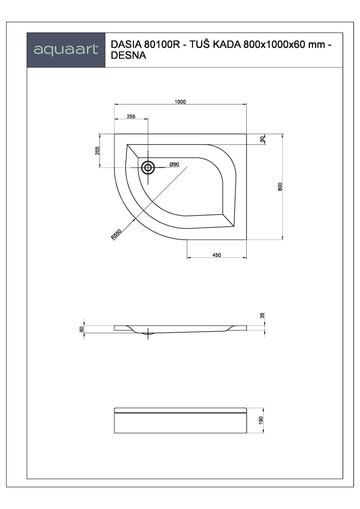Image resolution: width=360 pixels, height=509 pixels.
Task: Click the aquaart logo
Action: [x=66, y=50]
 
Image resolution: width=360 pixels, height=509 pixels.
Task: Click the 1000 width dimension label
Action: [x=180, y=102]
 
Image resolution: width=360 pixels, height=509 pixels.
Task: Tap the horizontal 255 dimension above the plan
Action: [x=131, y=116]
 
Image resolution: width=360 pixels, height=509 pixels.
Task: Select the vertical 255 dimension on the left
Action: [x=97, y=150]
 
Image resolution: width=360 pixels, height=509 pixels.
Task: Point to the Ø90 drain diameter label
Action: [x=175, y=164]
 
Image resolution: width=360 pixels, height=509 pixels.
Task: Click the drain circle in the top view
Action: [x=148, y=167]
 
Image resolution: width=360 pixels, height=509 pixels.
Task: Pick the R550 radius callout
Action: [x=116, y=235]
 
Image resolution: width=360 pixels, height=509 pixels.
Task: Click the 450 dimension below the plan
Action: [x=217, y=255]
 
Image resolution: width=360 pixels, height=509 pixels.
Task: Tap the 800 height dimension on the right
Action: [x=280, y=186]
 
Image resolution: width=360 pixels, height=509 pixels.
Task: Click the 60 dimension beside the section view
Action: [x=82, y=329]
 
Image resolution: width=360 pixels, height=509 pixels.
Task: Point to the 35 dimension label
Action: [x=262, y=315]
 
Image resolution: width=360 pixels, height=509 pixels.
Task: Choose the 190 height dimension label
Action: [x=261, y=420]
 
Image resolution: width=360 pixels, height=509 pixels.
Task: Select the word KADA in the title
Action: [x=226, y=45]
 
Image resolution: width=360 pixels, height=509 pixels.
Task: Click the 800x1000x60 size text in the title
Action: [x=273, y=45]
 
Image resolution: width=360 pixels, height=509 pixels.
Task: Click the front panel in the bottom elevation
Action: [x=180, y=423]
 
